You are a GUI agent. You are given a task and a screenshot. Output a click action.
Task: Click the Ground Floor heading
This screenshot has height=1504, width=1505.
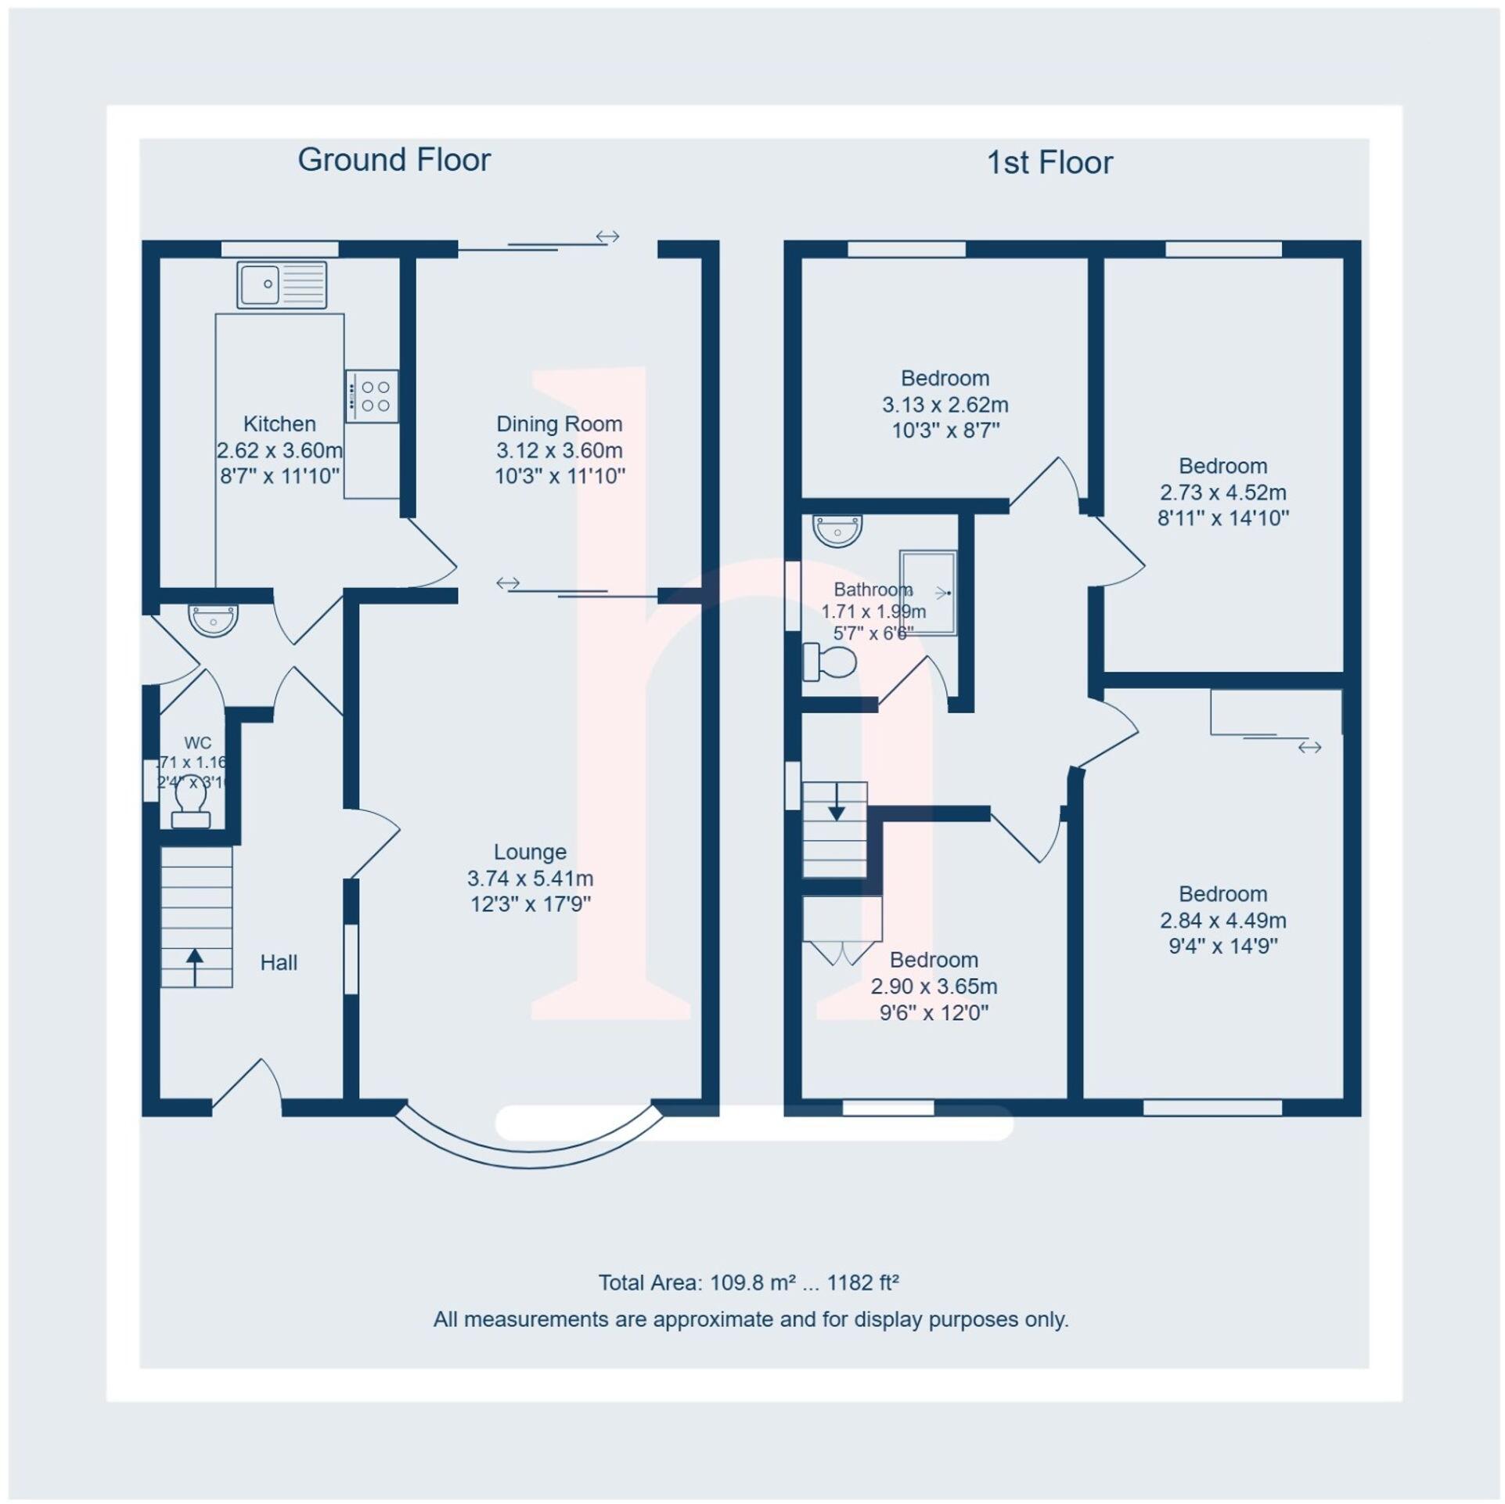click(x=394, y=160)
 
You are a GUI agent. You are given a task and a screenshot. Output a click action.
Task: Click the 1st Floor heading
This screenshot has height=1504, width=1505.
click(x=1049, y=163)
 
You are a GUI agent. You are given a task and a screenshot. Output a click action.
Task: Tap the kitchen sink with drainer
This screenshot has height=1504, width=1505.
click(x=282, y=285)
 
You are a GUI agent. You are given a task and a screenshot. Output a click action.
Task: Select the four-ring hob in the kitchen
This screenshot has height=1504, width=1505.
click(x=373, y=396)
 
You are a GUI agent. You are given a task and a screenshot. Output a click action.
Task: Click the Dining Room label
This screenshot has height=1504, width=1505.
click(x=559, y=424)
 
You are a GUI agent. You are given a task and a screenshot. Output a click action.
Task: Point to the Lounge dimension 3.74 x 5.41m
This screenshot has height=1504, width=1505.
click(x=530, y=878)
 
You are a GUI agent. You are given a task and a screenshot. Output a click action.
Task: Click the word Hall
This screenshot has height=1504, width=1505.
click(x=278, y=962)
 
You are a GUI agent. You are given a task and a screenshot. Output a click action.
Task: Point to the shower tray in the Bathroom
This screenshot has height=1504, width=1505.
click(x=928, y=593)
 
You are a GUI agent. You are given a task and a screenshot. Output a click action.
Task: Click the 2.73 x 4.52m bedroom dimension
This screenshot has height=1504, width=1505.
click(x=1222, y=492)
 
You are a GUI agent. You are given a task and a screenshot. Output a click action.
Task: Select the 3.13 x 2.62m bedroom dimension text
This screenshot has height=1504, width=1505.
click(x=945, y=405)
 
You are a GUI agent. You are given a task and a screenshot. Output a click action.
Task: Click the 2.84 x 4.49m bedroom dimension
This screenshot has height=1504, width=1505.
click(x=1222, y=920)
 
